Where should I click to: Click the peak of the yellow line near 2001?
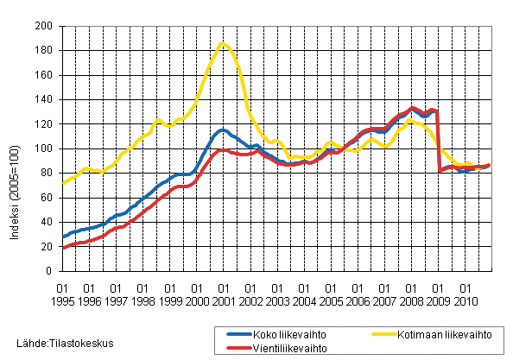[x=223, y=42]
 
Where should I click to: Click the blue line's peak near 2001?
[x=223, y=129]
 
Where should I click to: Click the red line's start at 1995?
[x=63, y=248]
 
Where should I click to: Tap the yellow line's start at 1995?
[x=63, y=183]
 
